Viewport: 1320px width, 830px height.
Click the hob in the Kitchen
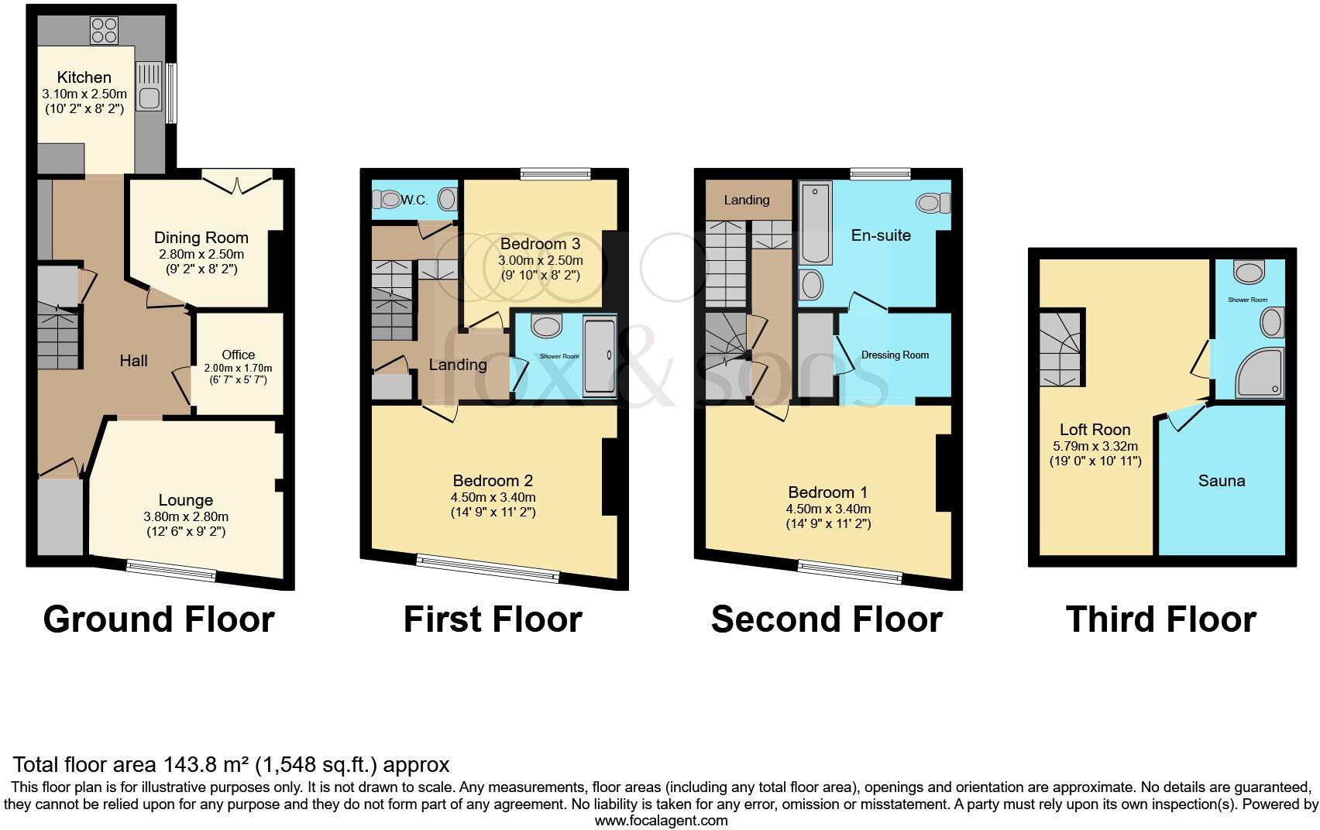click(105, 31)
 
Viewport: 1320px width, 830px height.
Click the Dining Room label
click(201, 238)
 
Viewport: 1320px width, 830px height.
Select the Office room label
click(238, 355)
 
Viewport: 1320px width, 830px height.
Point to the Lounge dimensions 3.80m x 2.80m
click(186, 516)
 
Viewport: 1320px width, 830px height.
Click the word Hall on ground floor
click(134, 361)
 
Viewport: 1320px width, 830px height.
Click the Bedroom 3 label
click(541, 244)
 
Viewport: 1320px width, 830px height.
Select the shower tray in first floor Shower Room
click(600, 356)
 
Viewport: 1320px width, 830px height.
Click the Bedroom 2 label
click(493, 481)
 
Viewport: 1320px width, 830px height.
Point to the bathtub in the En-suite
click(816, 223)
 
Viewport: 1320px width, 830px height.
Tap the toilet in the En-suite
click(933, 203)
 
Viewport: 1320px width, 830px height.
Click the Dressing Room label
click(895, 355)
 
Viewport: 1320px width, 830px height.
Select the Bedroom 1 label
click(827, 492)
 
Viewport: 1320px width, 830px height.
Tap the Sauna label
click(1222, 481)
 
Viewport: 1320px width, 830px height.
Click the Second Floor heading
click(827, 619)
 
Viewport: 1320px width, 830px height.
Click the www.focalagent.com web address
click(662, 821)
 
